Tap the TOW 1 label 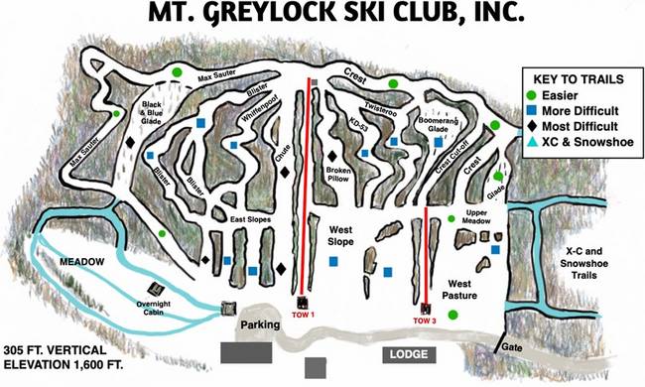coord(304,315)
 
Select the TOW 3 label coord(426,319)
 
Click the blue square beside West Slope coord(334,261)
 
